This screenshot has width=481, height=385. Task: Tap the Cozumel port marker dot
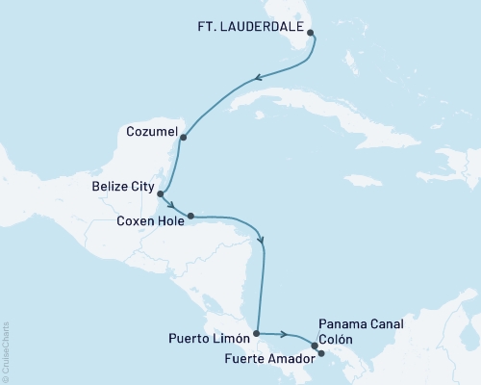[184, 137]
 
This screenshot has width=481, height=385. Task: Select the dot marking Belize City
[160, 193]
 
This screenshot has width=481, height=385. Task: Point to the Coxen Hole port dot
[190, 216]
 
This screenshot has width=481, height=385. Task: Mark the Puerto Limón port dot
[256, 335]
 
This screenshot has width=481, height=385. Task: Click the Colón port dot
[315, 345]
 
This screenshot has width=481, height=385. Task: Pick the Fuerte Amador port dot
[321, 353]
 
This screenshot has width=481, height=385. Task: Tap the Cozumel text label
[150, 127]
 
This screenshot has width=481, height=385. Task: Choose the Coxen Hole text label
[148, 219]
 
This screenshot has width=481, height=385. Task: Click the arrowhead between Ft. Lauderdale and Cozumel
[258, 79]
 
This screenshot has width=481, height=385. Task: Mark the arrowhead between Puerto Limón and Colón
[285, 335]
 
